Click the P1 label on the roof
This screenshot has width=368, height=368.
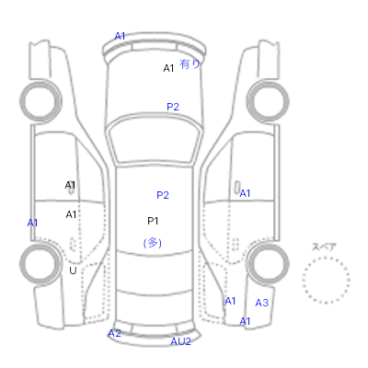tap(153, 221)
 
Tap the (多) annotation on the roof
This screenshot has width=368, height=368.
tap(153, 243)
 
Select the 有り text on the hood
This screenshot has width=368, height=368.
tap(190, 63)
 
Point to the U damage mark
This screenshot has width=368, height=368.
tap(73, 270)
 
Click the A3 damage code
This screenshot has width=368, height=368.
tap(262, 303)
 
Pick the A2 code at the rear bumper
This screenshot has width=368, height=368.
tap(115, 333)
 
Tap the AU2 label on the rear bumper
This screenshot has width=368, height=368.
tap(181, 341)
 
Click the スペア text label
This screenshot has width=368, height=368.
tap(324, 247)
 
